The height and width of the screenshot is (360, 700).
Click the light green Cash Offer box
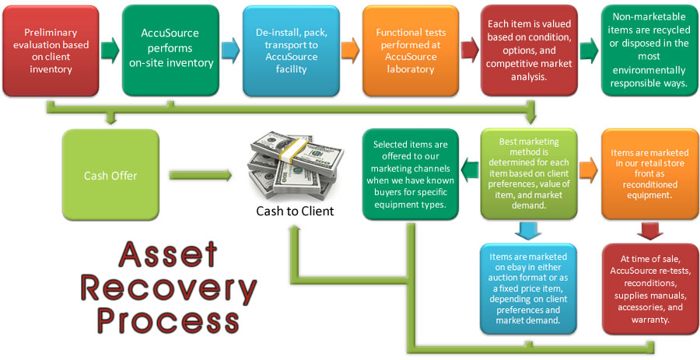click(x=110, y=175)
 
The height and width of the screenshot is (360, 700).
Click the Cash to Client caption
click(x=295, y=211)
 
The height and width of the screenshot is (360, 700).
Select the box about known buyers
click(x=410, y=175)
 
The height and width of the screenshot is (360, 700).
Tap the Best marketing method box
click(x=528, y=175)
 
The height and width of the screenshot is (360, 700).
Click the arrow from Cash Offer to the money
click(x=201, y=176)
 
